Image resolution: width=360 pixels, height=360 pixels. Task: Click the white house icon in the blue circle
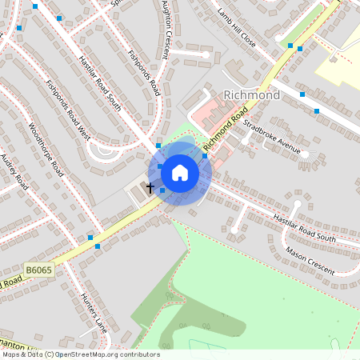[180, 173]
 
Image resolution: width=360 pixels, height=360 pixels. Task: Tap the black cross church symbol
[150, 188]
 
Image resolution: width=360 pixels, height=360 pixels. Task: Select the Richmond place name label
[252, 95]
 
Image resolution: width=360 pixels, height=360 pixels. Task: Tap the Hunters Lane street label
[94, 311]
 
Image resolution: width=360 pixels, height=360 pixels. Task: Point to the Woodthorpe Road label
[46, 150]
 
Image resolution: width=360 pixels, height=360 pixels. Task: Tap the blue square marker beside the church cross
[162, 190]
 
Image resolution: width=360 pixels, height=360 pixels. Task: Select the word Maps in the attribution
[12, 354]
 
